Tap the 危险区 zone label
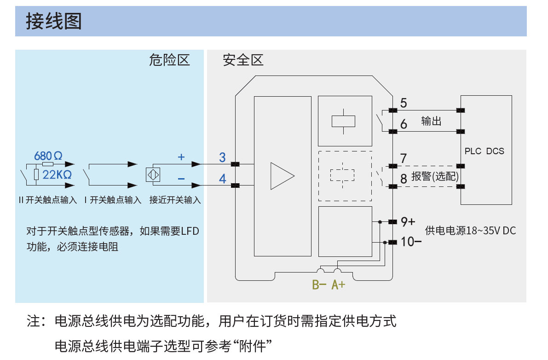169,60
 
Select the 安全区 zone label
243,60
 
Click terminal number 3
222,158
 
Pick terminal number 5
404,103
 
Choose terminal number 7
404,158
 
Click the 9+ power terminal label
408,221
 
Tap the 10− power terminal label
411,241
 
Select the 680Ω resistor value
48,156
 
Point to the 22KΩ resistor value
57,175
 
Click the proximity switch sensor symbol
152,175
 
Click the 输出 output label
431,121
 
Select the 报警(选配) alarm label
435,177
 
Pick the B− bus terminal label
319,285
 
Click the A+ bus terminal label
339,285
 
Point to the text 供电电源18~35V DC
470,231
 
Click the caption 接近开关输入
175,200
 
